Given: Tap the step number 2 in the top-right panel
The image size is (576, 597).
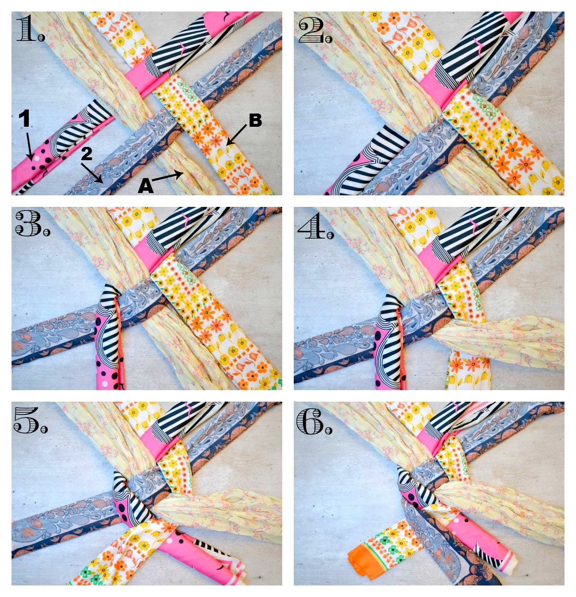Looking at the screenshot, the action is click(316, 30).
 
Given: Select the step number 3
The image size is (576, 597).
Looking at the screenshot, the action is click(33, 224).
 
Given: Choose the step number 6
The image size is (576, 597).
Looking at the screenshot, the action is click(314, 421).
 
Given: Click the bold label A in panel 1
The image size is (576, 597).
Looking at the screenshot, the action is click(145, 186).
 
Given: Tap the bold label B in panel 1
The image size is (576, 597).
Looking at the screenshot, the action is click(255, 120).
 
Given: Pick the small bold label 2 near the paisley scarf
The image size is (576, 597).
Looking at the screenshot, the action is click(87, 153).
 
